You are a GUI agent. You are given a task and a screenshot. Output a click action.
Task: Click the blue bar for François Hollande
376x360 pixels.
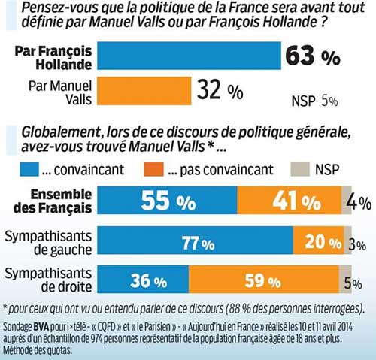[188, 57]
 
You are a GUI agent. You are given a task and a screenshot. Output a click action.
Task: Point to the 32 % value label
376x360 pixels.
[220, 92]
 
